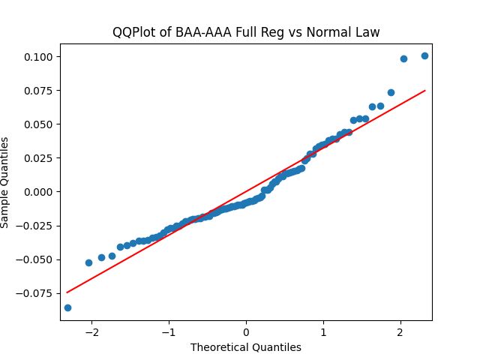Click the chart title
[246, 32]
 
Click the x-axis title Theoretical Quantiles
[246, 347]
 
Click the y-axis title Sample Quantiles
[6, 182]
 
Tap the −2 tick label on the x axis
[92, 332]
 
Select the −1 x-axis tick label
[169, 332]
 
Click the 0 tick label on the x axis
[246, 332]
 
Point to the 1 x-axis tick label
[323, 332]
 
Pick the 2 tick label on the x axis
[400, 332]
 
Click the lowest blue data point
[67, 307]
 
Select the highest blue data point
[424, 55]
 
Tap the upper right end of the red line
[425, 90]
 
